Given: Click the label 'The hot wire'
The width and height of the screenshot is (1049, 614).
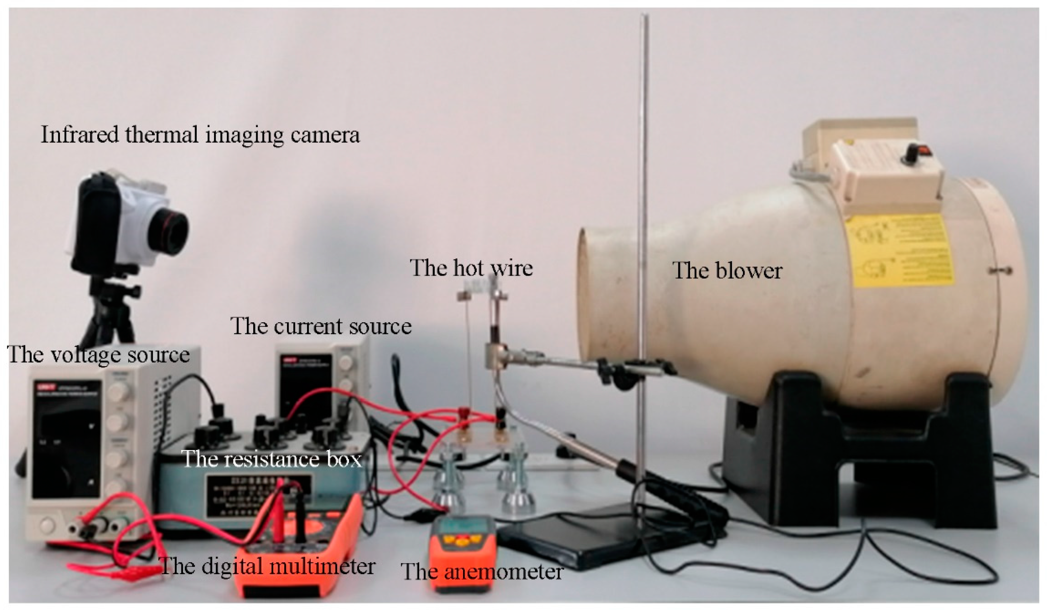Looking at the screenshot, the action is (x=471, y=268).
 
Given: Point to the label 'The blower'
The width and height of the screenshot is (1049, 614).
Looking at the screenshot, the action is (x=727, y=271).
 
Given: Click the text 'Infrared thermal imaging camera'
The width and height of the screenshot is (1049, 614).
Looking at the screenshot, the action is (x=200, y=135).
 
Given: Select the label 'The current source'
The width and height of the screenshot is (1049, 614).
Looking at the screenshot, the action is (x=321, y=326).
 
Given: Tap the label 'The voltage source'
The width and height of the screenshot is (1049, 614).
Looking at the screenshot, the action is (x=99, y=355).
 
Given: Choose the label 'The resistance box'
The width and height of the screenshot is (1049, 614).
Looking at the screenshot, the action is (x=272, y=459).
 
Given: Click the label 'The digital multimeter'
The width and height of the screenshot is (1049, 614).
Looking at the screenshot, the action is (x=268, y=566).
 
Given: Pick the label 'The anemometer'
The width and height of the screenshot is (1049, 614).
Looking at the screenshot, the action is (x=482, y=571).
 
